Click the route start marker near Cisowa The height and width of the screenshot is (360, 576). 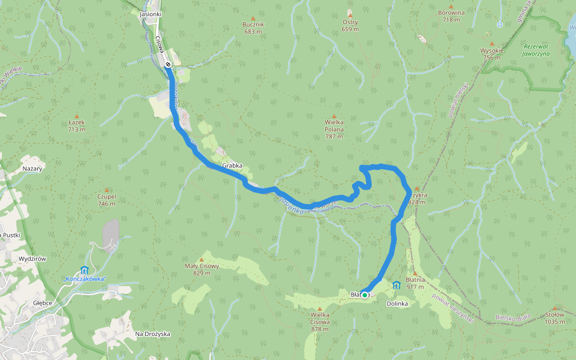tap(169, 64)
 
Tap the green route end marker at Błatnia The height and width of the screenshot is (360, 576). tap(364, 295)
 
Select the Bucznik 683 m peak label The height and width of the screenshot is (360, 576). tap(253, 28)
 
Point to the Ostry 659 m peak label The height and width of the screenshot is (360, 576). tap(350, 25)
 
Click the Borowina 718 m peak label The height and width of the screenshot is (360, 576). tap(451, 16)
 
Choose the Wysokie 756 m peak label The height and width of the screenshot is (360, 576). tap(491, 53)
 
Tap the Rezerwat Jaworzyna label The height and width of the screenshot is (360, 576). tap(536, 50)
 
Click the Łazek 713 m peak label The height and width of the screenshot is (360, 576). tap(76, 125)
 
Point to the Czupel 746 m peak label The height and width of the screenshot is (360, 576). tap(106, 200)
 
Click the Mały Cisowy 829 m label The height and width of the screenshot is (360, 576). tap(201, 269)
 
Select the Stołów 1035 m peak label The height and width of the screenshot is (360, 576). tap(555, 318)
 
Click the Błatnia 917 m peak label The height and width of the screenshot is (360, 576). tap(415, 283)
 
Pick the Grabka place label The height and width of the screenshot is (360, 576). tap(232, 165)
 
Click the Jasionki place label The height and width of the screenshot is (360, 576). tap(150, 13)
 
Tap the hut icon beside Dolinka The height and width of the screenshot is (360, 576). tap(396, 285)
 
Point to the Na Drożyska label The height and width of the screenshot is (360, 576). tap(152, 334)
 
